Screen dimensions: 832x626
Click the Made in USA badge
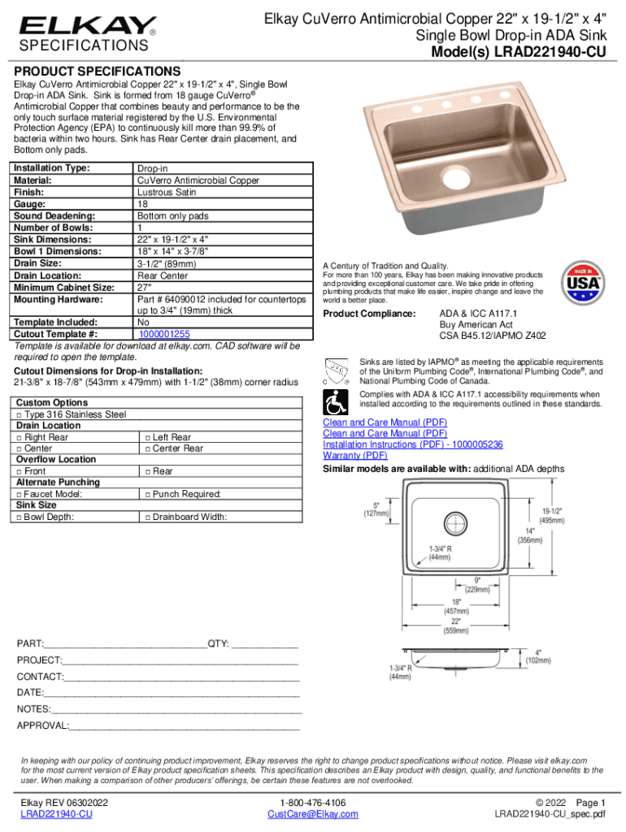tap(582, 284)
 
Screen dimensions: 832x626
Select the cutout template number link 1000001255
tap(164, 334)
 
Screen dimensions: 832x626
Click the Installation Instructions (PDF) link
tap(413, 445)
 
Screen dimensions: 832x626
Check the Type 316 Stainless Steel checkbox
tap(19, 414)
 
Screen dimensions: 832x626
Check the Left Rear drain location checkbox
tap(146, 437)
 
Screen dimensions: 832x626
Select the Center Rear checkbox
tap(146, 448)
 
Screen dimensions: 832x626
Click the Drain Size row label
tap(46, 264)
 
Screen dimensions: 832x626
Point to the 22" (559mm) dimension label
tap(455, 626)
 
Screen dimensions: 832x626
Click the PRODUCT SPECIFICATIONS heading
tap(96, 71)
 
